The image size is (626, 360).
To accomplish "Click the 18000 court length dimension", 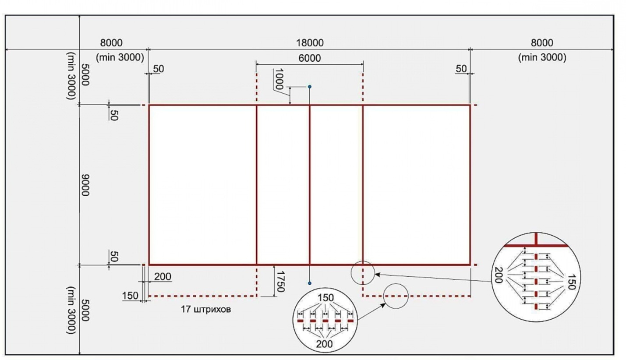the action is coord(310,43).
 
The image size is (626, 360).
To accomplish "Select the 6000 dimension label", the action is coord(310,58).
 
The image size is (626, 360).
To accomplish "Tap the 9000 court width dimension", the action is coord(85,185).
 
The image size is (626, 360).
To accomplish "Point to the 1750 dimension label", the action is coord(280,281).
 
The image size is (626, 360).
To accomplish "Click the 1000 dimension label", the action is coord(279,79).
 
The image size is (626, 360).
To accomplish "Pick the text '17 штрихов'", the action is coord(206,310).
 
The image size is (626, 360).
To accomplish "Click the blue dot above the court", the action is coord(310,87).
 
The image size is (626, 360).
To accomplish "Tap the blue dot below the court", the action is coord(310,283).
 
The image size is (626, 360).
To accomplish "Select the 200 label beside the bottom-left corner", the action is coord(163,276).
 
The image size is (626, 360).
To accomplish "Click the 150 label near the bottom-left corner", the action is coord(130,296).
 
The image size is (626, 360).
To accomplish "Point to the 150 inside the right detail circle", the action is coord(571,282).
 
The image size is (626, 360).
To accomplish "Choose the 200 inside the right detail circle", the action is coord(499,275).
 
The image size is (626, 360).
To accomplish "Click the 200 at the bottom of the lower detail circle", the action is coord(324,344).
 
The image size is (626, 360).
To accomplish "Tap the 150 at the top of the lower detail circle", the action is coord(325,298).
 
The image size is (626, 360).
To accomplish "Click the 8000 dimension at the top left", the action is coord(111,43).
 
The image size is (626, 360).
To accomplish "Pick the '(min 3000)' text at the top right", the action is coord(542,57).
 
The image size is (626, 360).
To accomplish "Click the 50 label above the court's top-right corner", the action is coord(461,69).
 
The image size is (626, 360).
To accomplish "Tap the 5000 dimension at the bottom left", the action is coord(85,310).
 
